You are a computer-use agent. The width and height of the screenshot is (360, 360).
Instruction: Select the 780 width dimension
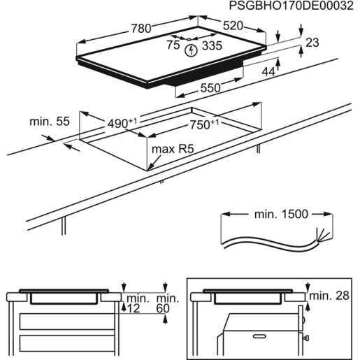click(141, 29)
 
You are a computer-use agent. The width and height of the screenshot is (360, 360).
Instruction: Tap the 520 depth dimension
click(233, 25)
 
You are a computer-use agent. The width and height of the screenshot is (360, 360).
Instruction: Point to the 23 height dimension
click(312, 43)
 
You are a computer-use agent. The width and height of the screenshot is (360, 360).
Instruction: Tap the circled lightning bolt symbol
click(191, 49)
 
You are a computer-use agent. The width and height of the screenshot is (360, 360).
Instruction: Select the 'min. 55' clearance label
click(50, 122)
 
